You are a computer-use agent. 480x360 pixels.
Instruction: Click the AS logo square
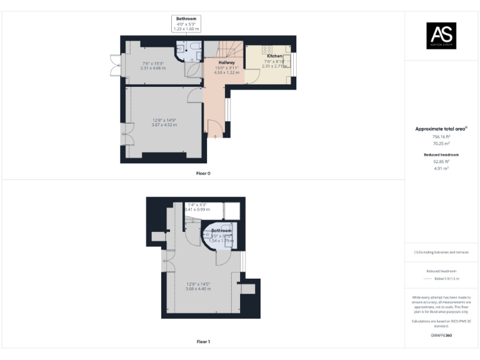coord(441,35)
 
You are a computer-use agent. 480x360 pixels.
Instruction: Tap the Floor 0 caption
coord(203,172)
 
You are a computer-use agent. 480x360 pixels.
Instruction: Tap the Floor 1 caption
coord(203,342)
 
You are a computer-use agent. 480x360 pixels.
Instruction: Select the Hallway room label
coord(226,62)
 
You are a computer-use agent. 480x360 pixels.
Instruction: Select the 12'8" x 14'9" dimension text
coord(164,122)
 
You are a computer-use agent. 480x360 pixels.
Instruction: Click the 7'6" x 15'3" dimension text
coord(152,65)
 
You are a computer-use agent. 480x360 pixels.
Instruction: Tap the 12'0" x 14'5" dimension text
coord(198,286)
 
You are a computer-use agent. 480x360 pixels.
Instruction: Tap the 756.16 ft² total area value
coord(441,137)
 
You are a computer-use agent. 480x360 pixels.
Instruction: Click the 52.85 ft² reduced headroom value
coord(441,162)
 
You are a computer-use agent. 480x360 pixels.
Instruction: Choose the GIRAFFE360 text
coord(441,336)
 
